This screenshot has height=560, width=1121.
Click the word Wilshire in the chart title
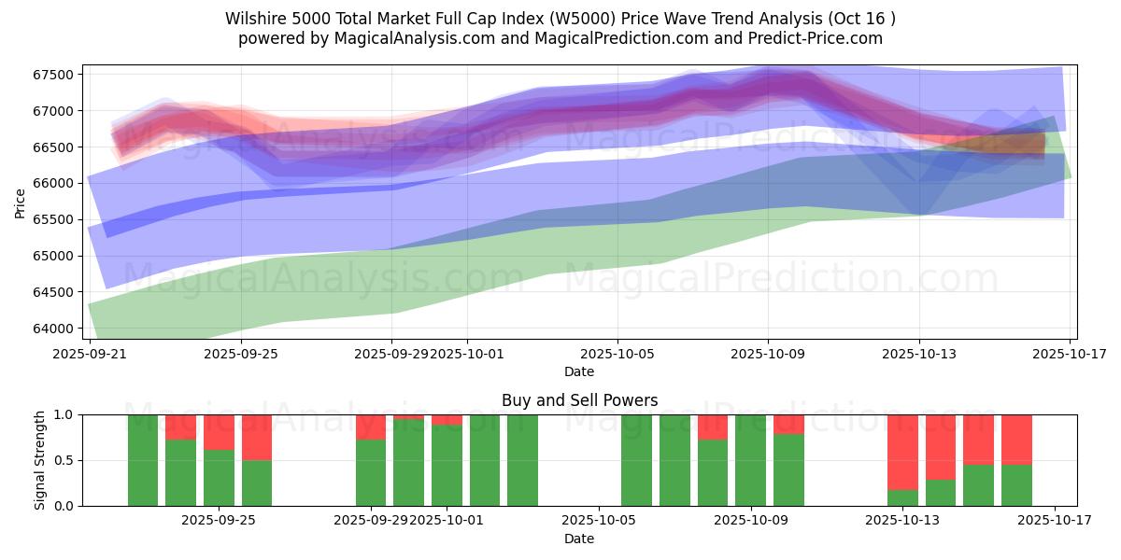[x=254, y=19]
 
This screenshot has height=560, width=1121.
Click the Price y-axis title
[x=21, y=203]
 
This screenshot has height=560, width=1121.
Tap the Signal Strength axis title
[x=39, y=460]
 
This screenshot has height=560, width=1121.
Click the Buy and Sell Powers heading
[x=579, y=400]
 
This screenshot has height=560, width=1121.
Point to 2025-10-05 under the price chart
[x=617, y=355]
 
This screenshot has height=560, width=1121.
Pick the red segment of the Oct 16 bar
[x=1016, y=439]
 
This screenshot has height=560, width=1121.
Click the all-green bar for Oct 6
[x=636, y=460]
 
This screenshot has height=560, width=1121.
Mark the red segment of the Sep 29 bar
[x=371, y=427]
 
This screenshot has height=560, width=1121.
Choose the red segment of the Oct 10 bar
[x=788, y=424]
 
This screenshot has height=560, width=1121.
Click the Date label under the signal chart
[x=579, y=539]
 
